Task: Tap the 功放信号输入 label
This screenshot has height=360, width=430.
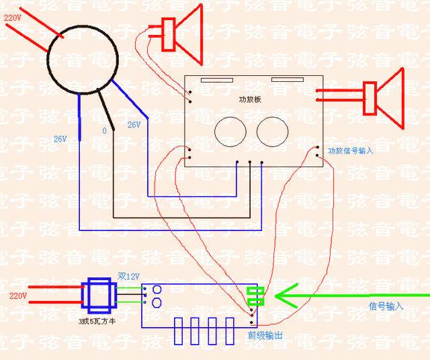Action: pyautogui.click(x=350, y=151)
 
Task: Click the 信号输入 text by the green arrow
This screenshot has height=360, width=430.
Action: pyautogui.click(x=386, y=306)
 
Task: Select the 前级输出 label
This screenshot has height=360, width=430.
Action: pyautogui.click(x=265, y=333)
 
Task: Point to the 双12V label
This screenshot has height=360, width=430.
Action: pyautogui.click(x=129, y=276)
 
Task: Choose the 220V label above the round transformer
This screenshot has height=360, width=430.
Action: pyautogui.click(x=13, y=17)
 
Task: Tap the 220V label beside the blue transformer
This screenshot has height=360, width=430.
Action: pyautogui.click(x=18, y=296)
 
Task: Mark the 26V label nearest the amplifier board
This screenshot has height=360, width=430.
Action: pyautogui.click(x=134, y=125)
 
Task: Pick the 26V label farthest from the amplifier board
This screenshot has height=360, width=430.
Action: pyautogui.click(x=60, y=139)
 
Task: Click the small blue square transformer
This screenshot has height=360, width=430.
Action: pyautogui.click(x=97, y=296)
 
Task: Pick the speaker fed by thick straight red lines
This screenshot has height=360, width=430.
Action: pyautogui.click(x=383, y=98)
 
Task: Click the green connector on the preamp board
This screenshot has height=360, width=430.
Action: pyautogui.click(x=255, y=296)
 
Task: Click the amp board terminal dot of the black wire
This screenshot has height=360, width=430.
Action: pyautogui.click(x=249, y=161)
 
